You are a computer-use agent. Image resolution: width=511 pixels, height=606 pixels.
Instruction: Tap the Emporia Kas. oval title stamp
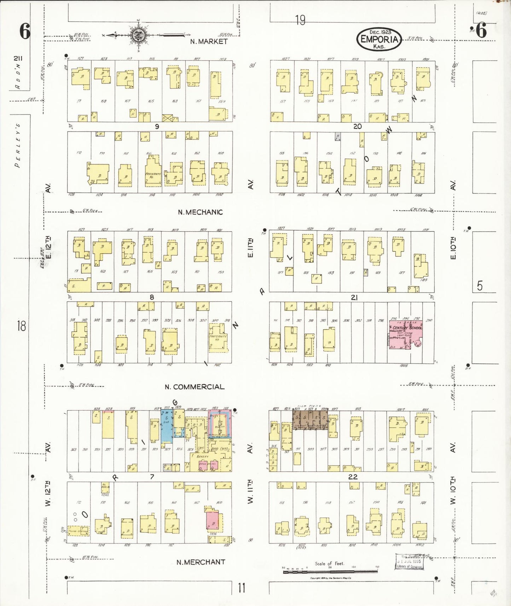point(379,39)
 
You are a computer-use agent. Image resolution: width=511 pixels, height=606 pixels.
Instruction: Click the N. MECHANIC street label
point(200,212)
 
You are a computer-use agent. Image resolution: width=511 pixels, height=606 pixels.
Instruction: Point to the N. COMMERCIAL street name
point(194,387)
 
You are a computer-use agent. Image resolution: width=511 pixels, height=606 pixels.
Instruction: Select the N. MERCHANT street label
point(201,562)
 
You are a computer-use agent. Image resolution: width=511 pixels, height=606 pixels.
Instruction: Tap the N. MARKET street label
point(209,41)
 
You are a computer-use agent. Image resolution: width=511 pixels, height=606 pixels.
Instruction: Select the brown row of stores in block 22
point(310,420)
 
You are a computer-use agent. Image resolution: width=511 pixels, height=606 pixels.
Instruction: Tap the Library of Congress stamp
point(409,562)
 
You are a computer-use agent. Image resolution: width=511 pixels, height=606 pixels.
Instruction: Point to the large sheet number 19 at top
point(300,20)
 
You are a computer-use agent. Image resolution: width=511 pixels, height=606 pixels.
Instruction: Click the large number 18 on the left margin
point(21,326)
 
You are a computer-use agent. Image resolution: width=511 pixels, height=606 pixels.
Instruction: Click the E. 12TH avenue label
point(48,246)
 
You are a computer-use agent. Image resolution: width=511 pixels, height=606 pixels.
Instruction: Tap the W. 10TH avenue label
point(453,491)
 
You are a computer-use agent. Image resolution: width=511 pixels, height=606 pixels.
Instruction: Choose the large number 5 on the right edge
point(480,285)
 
